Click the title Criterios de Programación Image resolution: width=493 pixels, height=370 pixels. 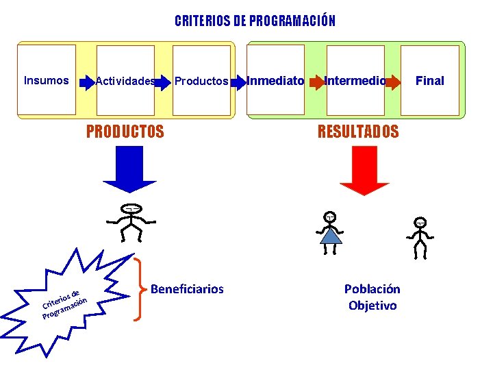(255, 21)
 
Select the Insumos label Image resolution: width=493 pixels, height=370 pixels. (47, 80)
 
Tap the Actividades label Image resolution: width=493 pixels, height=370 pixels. (125, 82)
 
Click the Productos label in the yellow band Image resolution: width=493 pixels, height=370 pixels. (201, 82)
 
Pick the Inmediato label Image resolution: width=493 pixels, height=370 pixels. (275, 81)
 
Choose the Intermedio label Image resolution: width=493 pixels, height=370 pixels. (355, 81)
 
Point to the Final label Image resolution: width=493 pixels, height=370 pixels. (430, 81)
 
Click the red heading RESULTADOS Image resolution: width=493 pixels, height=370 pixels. (357, 132)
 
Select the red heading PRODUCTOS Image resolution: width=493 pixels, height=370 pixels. (125, 132)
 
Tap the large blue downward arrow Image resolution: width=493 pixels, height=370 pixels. (130, 171)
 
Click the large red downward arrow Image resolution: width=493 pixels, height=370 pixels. (364, 171)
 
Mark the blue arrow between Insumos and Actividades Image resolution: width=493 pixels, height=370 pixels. (87, 82)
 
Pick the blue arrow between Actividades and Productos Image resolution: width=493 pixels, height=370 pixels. (163, 82)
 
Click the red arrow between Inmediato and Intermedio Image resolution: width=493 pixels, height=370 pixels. (315, 82)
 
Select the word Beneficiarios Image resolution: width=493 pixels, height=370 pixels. (187, 289)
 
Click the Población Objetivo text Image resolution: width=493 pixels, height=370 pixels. (372, 297)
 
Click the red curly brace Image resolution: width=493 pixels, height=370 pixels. (140, 289)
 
